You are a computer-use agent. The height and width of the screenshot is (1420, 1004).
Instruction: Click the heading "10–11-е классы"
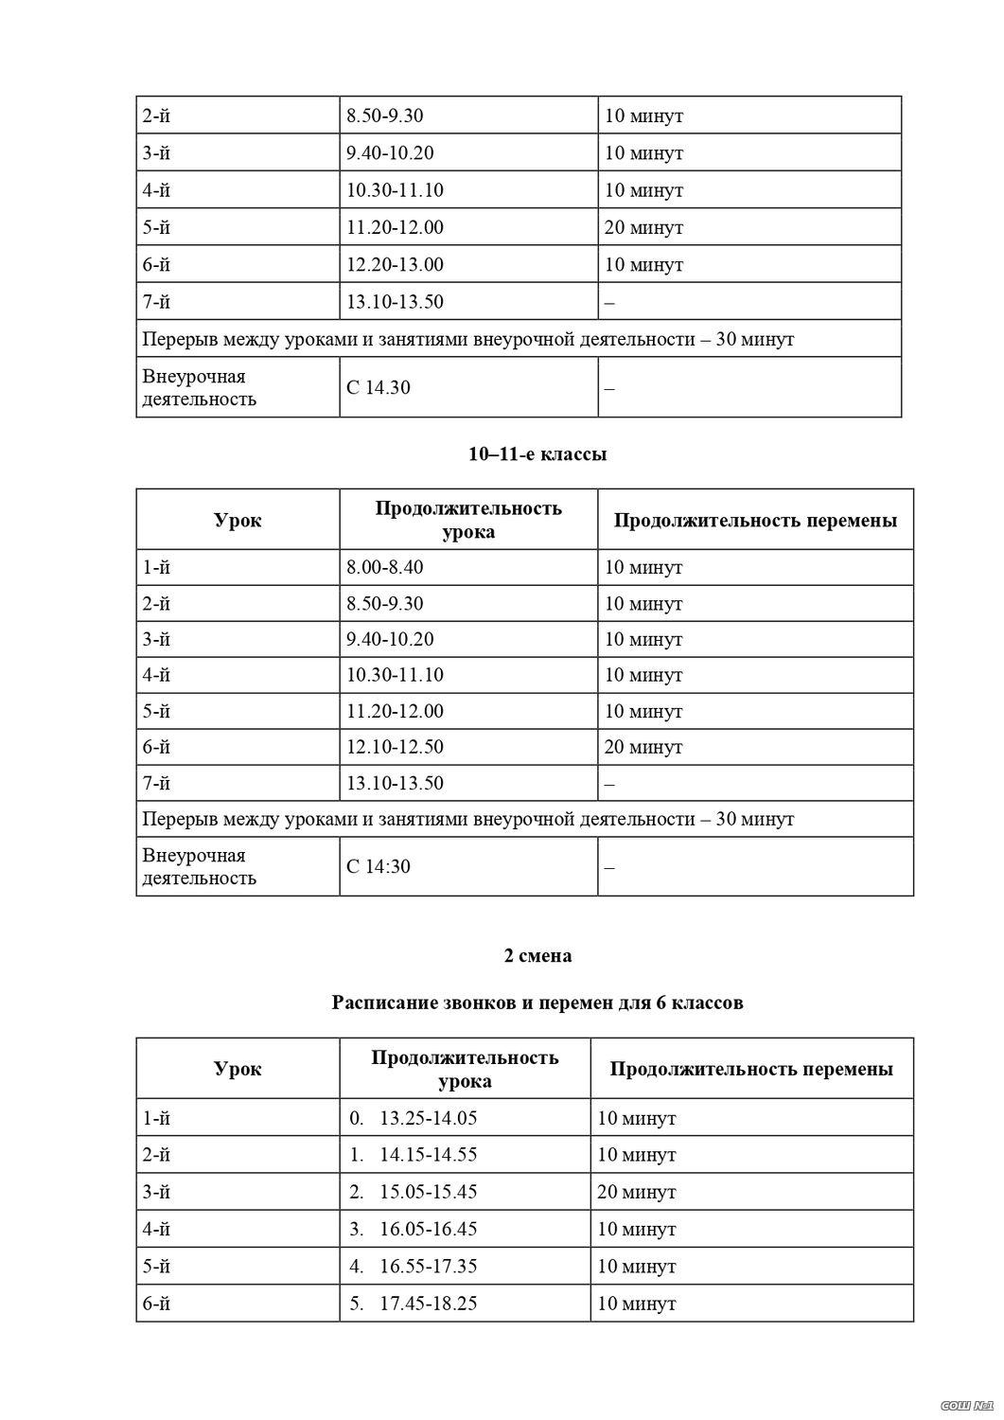pyautogui.click(x=537, y=454)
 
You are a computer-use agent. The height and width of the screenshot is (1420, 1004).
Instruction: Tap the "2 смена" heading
pyautogui.click(x=537, y=955)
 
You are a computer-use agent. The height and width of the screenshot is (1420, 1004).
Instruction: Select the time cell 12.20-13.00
pyautogui.click(x=395, y=265)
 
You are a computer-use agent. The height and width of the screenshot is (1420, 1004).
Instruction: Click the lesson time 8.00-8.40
pyautogui.click(x=385, y=568)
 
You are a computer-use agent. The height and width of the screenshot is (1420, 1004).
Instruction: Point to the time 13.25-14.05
pyautogui.click(x=428, y=1118)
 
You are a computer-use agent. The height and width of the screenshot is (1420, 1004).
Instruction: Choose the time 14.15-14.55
pyautogui.click(x=428, y=1155)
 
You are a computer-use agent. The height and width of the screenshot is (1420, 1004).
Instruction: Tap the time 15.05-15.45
pyautogui.click(x=428, y=1192)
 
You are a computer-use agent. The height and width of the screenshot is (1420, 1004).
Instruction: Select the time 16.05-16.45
pyautogui.click(x=428, y=1230)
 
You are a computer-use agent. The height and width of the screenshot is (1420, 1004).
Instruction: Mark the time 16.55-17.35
pyautogui.click(x=428, y=1267)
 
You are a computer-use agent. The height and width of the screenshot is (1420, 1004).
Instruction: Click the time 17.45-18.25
pyautogui.click(x=428, y=1304)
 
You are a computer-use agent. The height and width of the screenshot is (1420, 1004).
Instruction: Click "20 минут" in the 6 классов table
pyautogui.click(x=637, y=1192)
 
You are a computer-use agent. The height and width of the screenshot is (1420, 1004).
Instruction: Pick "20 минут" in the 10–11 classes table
pyautogui.click(x=643, y=747)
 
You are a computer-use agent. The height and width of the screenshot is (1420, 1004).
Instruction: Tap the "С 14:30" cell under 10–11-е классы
pyautogui.click(x=379, y=866)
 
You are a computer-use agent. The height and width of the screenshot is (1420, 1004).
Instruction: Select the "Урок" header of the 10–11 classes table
pyautogui.click(x=238, y=520)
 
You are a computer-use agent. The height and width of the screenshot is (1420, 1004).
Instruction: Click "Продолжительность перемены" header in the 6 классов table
pyautogui.click(x=751, y=1069)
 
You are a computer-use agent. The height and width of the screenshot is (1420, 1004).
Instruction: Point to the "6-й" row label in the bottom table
pyautogui.click(x=156, y=1304)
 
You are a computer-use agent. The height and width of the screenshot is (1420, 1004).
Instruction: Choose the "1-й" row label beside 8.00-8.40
pyautogui.click(x=156, y=568)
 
